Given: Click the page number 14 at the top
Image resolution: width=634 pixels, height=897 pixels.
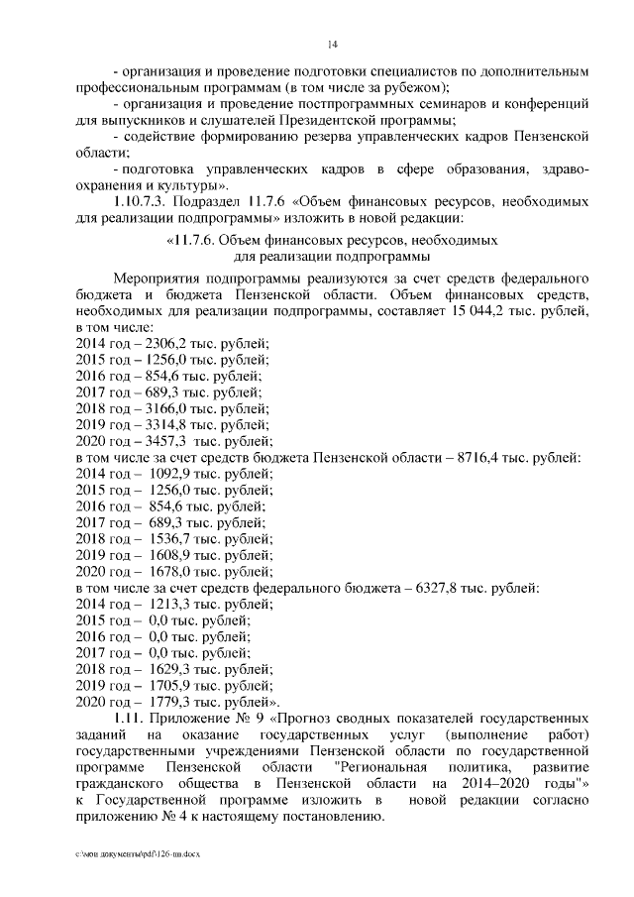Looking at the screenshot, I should coord(333,44).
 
